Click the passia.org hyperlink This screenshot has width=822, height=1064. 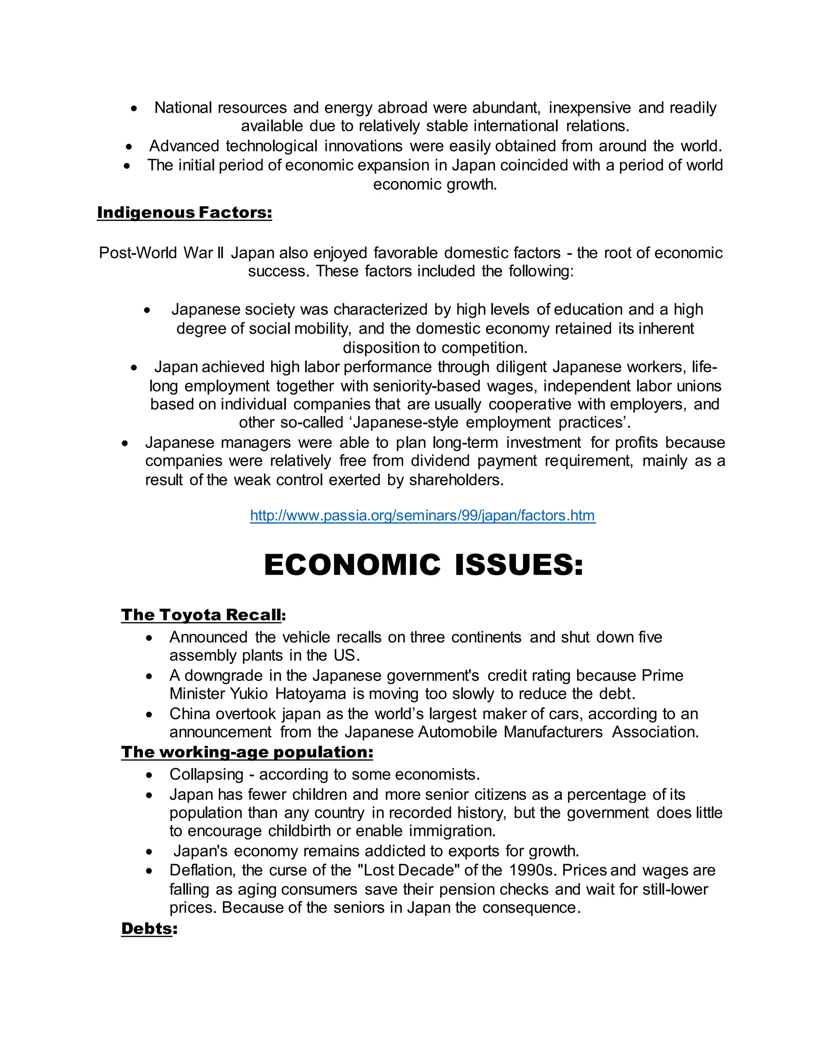(422, 516)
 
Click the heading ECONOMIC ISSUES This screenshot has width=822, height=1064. (423, 565)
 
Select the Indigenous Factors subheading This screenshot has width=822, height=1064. (184, 212)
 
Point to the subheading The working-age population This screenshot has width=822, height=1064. (247, 752)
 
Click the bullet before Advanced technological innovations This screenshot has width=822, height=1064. (128, 147)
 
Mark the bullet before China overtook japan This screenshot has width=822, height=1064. (149, 715)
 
